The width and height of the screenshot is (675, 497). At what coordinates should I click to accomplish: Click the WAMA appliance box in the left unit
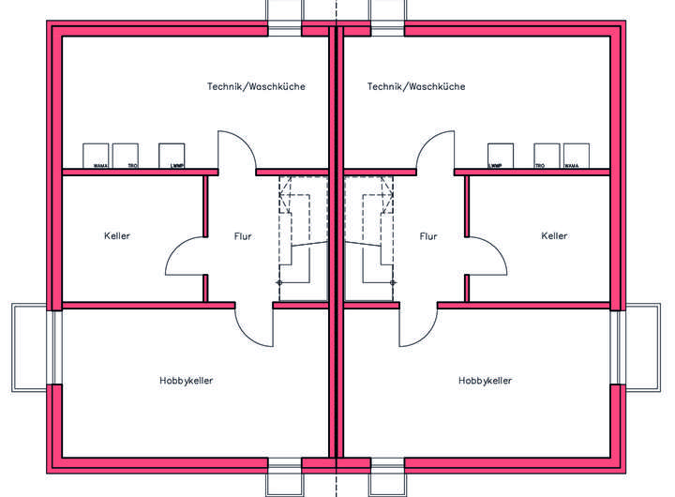coord(97,156)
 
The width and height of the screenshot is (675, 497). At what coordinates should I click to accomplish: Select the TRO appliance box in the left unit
coord(126,156)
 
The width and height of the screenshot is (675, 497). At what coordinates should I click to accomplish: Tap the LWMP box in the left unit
coord(172,156)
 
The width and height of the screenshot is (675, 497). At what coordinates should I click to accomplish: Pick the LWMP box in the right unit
coord(501,156)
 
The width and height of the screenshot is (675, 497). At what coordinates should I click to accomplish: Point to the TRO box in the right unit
coord(547,156)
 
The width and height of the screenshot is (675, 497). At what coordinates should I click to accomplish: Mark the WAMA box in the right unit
coord(577,156)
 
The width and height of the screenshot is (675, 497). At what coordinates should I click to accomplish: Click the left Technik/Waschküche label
coord(256,86)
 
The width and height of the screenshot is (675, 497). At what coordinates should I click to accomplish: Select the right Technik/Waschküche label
coord(416,86)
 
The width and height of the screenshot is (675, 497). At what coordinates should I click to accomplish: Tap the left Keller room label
coord(117,236)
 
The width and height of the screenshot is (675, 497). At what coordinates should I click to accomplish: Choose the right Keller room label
coord(554,236)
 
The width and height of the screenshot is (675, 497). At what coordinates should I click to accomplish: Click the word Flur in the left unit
coord(243,236)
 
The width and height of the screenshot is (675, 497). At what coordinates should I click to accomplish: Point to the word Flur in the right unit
coord(428,236)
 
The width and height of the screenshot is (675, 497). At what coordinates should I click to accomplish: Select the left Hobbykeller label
coord(187,381)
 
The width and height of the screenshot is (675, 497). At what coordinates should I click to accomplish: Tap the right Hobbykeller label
coord(486,381)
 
